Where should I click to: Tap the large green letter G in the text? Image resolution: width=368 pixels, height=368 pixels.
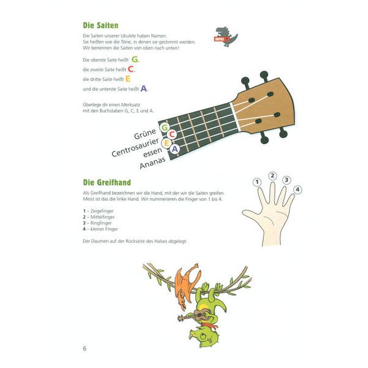(136, 59)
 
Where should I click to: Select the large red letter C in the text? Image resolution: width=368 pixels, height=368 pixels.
(131, 69)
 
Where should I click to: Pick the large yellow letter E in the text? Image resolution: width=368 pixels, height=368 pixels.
(128, 79)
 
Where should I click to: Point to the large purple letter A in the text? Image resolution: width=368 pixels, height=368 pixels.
(144, 89)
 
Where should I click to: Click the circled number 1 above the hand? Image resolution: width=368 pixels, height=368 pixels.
(258, 182)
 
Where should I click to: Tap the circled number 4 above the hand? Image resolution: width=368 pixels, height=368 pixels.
(297, 190)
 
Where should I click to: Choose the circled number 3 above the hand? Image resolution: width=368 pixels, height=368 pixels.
(286, 180)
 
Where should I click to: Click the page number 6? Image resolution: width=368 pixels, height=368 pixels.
(85, 349)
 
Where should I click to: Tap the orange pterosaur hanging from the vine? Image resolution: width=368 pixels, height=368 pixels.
(185, 282)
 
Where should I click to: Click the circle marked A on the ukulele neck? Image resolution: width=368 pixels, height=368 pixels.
(175, 148)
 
